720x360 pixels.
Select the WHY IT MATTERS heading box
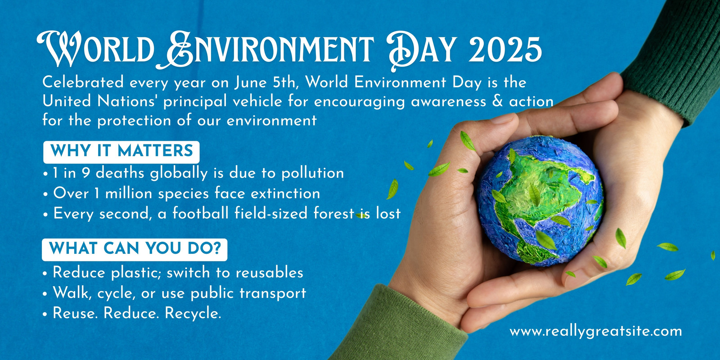[x=121, y=152]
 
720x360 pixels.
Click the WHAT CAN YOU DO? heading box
[x=135, y=249]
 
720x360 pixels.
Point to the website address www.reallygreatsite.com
[x=596, y=331]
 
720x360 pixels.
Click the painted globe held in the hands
[x=540, y=201]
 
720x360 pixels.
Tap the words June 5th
[x=265, y=83]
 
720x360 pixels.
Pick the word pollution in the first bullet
[x=313, y=173]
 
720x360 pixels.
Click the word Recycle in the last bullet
[x=193, y=313]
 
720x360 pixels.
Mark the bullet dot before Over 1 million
[x=45, y=194]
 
